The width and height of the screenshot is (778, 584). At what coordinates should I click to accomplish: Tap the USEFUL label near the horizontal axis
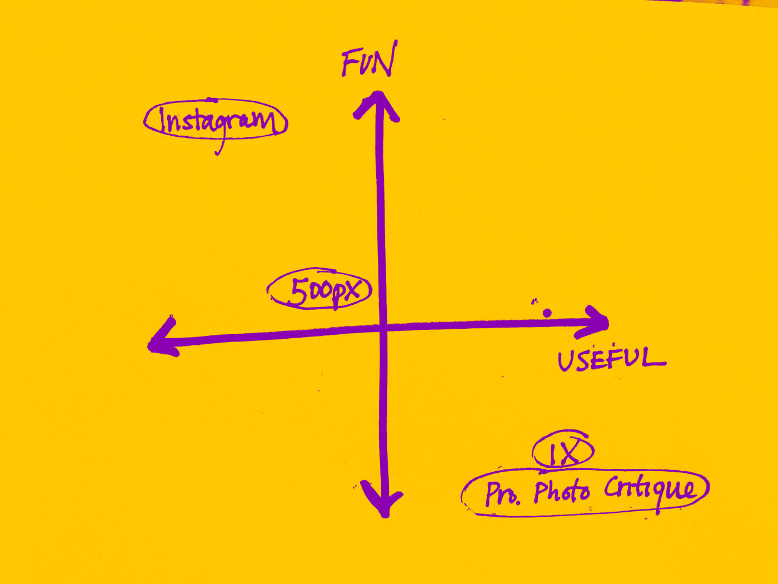[611, 359]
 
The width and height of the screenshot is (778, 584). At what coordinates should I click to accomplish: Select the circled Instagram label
[216, 120]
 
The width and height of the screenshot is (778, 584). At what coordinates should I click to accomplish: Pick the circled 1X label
[563, 451]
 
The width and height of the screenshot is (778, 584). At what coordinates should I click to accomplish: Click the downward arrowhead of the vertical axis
[383, 501]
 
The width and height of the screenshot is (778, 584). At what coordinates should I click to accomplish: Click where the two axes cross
[382, 328]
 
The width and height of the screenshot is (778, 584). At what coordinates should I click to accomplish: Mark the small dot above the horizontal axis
[547, 313]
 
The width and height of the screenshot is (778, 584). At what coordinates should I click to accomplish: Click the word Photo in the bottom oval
[561, 492]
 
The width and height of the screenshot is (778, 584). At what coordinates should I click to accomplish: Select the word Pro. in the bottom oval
[502, 493]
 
